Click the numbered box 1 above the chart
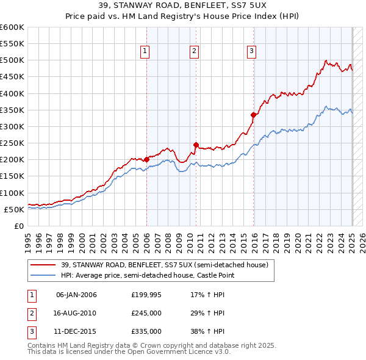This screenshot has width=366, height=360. point(146,52)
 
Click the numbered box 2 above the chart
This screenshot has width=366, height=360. point(194,52)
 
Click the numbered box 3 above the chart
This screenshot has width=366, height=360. point(251,52)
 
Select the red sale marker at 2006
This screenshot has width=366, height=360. point(147,160)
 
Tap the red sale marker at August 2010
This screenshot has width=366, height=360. point(196,145)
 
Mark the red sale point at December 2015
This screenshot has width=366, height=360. point(253,114)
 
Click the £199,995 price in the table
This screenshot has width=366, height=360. point(146,295)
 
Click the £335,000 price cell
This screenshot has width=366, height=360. point(146,331)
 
